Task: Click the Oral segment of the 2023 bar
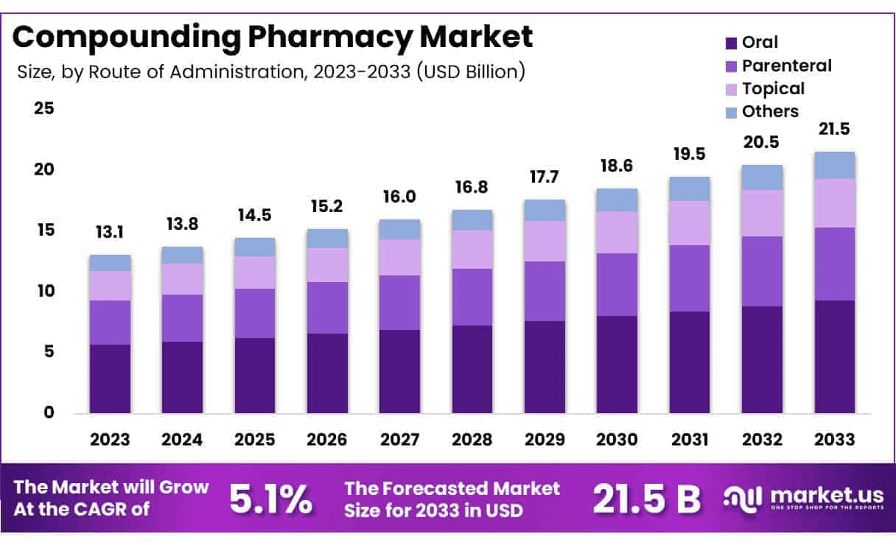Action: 110,379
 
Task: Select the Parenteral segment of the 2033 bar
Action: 834,264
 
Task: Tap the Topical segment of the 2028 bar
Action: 472,249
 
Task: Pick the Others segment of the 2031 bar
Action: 690,189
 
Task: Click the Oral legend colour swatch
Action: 732,43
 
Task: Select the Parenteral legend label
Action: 786,66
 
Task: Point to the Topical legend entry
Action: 773,88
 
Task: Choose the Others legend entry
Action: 770,111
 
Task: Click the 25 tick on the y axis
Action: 43,108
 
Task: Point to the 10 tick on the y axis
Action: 43,291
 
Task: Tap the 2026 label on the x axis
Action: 327,440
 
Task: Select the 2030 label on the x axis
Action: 617,440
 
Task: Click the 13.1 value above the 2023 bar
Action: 110,233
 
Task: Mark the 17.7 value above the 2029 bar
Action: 545,179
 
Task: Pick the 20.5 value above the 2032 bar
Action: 762,142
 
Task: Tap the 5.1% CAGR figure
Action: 270,499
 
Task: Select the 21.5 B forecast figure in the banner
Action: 646,499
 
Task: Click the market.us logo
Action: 796,498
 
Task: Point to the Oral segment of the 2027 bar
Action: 400,371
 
